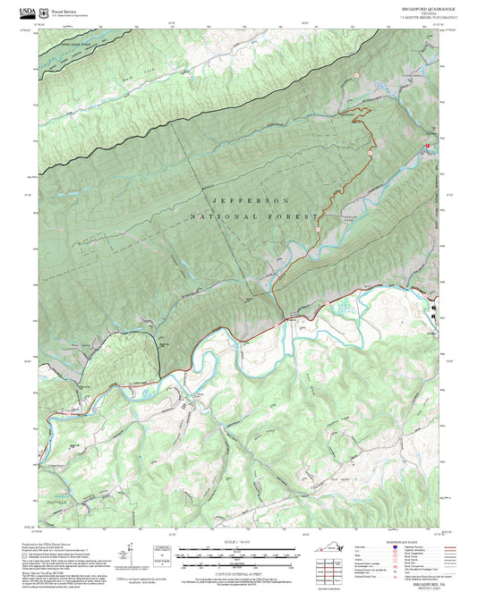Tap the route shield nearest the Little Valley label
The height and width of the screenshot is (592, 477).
coord(355,76)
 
